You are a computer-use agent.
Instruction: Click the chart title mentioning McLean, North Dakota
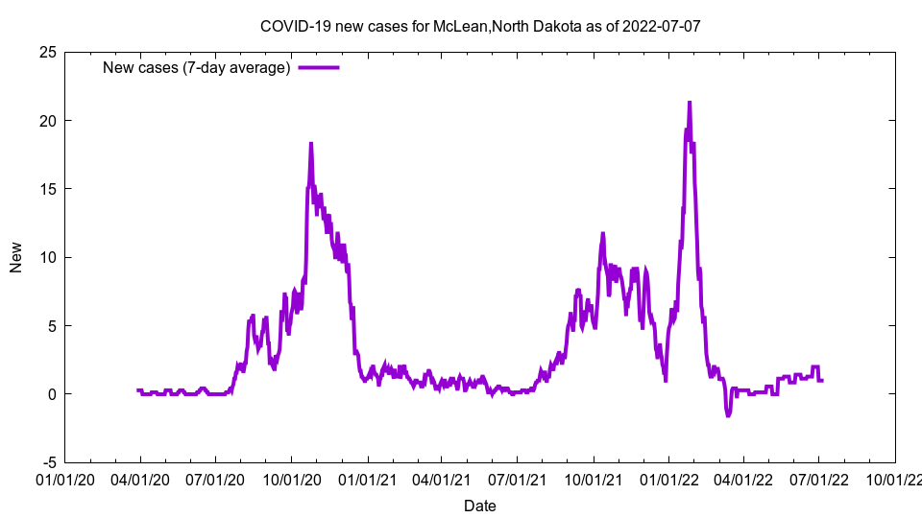tap(480, 25)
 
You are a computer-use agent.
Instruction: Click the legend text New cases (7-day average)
tap(197, 68)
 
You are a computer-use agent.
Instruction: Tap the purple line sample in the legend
tap(319, 68)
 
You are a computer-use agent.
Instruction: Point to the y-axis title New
tap(16, 257)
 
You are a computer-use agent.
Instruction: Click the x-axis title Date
tap(480, 506)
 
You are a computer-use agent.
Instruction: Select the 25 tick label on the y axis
tap(47, 52)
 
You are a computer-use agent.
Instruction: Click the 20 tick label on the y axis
tap(47, 121)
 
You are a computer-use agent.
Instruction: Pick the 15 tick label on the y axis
tap(47, 189)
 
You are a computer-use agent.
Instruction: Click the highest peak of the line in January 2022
tap(690, 103)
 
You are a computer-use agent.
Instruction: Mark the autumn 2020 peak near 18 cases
tap(311, 144)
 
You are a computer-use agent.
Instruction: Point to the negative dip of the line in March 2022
tap(728, 414)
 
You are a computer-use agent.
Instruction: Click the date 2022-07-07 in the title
tap(662, 25)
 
